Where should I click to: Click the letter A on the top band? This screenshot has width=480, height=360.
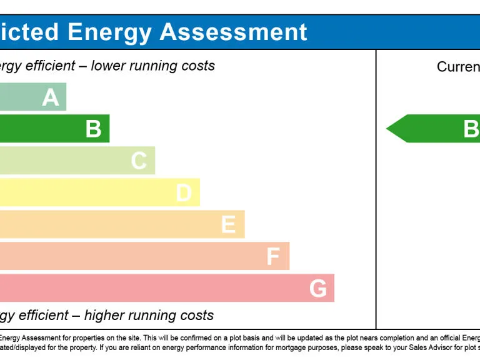[x=51, y=97]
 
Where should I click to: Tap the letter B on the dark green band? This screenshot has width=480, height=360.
[x=93, y=129]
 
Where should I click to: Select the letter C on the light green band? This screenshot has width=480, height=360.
[x=139, y=161]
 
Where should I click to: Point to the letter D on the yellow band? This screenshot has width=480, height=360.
[x=184, y=192]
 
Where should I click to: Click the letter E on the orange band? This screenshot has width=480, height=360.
[x=228, y=224]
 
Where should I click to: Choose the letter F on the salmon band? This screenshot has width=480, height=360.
[x=273, y=256]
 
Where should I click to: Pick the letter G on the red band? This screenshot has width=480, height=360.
[x=318, y=288]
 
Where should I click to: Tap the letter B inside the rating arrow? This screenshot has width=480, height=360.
[x=471, y=129]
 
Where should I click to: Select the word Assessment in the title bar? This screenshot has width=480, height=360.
[x=234, y=32]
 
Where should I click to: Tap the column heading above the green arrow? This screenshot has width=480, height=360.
[x=458, y=67]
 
